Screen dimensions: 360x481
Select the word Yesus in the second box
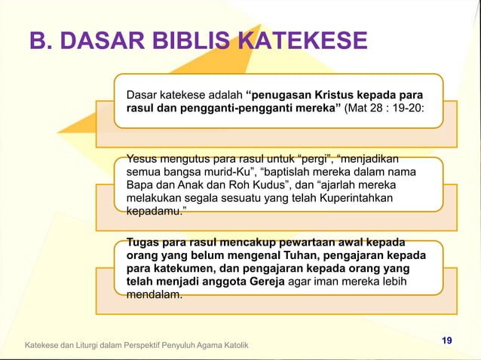click(x=142, y=158)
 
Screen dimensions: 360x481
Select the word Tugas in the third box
click(x=143, y=243)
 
